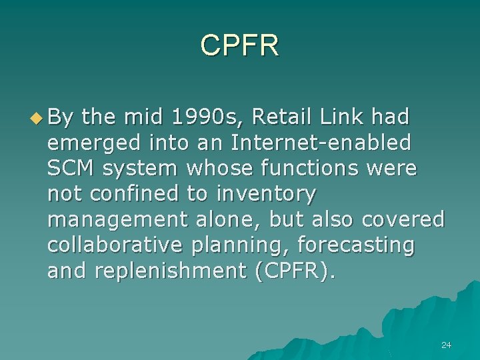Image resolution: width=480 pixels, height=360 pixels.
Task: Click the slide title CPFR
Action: pos(240,45)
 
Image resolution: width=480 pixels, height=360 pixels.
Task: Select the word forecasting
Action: pos(355,245)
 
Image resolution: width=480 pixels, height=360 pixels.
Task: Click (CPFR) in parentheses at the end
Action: pos(292,271)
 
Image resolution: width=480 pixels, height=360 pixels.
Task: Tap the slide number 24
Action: pos(447,345)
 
